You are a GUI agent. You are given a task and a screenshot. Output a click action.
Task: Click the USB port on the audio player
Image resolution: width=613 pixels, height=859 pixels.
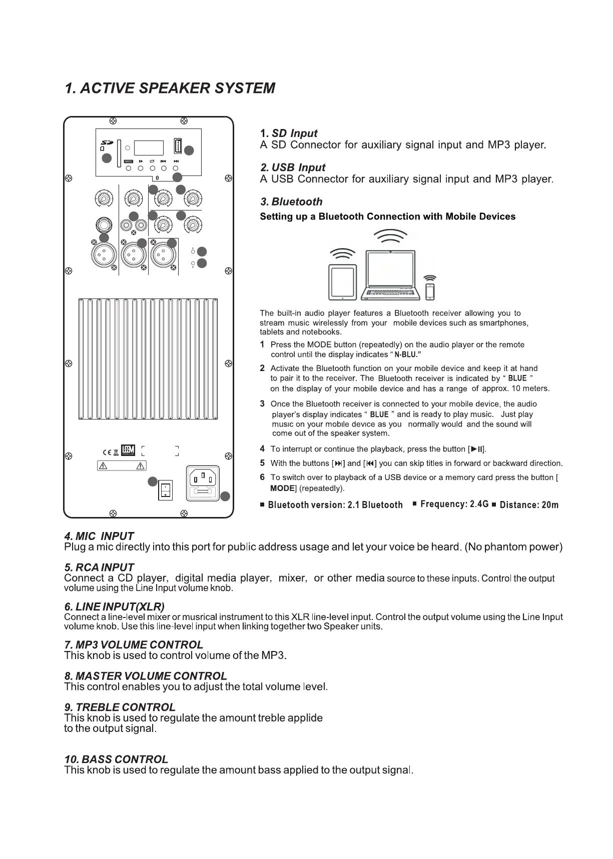[177, 145]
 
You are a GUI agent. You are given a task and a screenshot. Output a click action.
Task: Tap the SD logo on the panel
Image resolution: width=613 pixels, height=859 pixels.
[106, 142]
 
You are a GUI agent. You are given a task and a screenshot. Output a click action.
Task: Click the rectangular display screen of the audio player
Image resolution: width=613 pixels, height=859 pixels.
[149, 148]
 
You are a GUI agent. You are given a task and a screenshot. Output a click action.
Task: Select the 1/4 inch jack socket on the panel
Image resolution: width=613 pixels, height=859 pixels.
[104, 224]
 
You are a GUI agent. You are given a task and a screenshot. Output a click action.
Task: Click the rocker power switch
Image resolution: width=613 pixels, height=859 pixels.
[165, 490]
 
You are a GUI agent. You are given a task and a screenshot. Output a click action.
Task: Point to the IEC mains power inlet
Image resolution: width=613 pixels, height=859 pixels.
[203, 482]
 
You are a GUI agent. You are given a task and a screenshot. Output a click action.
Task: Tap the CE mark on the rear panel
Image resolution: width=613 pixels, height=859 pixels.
[107, 453]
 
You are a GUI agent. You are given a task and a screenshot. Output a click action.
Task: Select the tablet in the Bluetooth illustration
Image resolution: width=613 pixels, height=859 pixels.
[343, 282]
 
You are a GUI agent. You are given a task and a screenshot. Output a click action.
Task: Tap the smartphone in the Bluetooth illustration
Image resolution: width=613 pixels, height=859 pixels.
[430, 291]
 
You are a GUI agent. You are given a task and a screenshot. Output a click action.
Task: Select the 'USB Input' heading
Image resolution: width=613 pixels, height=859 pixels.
[293, 167]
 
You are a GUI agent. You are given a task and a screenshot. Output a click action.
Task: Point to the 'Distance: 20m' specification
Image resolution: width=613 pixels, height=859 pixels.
[528, 505]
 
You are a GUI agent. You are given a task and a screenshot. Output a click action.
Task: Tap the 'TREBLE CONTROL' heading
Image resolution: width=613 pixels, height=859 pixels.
[120, 707]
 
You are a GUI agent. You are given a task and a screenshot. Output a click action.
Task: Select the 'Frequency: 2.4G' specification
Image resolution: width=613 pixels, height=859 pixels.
[454, 504]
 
